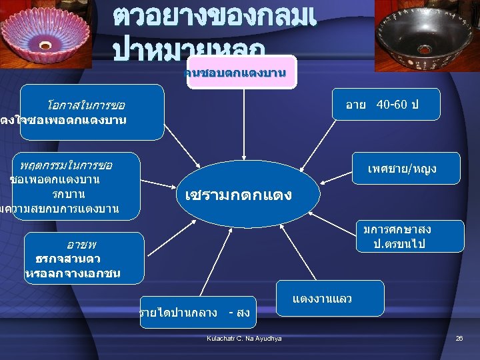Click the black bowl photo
(427, 37)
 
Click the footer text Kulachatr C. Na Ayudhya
(245, 339)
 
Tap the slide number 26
(459, 339)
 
